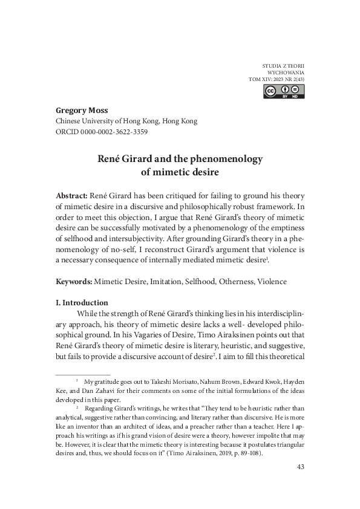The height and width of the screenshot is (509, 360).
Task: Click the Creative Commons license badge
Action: pyautogui.click(x=284, y=91)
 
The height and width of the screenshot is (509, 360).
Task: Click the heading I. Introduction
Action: pyautogui.click(x=82, y=302)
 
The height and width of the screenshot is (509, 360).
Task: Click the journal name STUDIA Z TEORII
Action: pyautogui.click(x=284, y=63)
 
